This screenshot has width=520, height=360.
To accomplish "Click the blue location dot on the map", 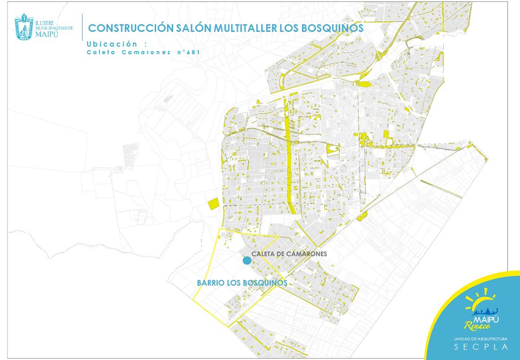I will [247, 260].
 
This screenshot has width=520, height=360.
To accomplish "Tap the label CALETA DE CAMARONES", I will [289, 254].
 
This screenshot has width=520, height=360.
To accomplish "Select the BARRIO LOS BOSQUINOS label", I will [242, 283].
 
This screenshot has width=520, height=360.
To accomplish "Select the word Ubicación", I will [112, 44].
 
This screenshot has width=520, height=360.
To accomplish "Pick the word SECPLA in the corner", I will [481, 347].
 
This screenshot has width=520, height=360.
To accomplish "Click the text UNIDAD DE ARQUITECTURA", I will [480, 339].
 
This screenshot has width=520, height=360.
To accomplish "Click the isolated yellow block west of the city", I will [213, 204].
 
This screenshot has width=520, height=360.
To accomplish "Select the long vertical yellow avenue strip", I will [289, 165].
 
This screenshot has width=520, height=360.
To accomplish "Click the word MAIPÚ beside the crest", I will [47, 34].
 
